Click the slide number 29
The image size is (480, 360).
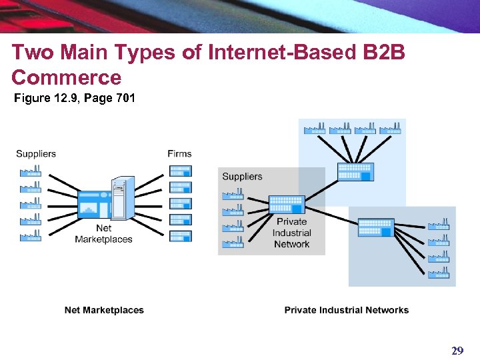[457, 351]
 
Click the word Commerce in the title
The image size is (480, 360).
[67, 78]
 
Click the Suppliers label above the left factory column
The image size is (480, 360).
[36, 154]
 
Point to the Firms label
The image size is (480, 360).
[179, 154]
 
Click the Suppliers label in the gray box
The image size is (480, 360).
[242, 177]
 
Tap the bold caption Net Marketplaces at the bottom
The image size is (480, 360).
[104, 310]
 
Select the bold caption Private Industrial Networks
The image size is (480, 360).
[346, 310]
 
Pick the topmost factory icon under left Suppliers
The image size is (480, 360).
[31, 171]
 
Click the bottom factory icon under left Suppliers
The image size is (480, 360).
[31, 235]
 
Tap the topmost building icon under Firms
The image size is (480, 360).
[180, 171]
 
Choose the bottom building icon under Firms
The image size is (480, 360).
[180, 236]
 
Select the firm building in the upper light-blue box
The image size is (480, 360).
[355, 171]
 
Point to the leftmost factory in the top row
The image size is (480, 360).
[313, 128]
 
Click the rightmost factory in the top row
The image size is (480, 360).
[390, 128]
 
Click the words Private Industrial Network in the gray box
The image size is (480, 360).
[291, 233]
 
